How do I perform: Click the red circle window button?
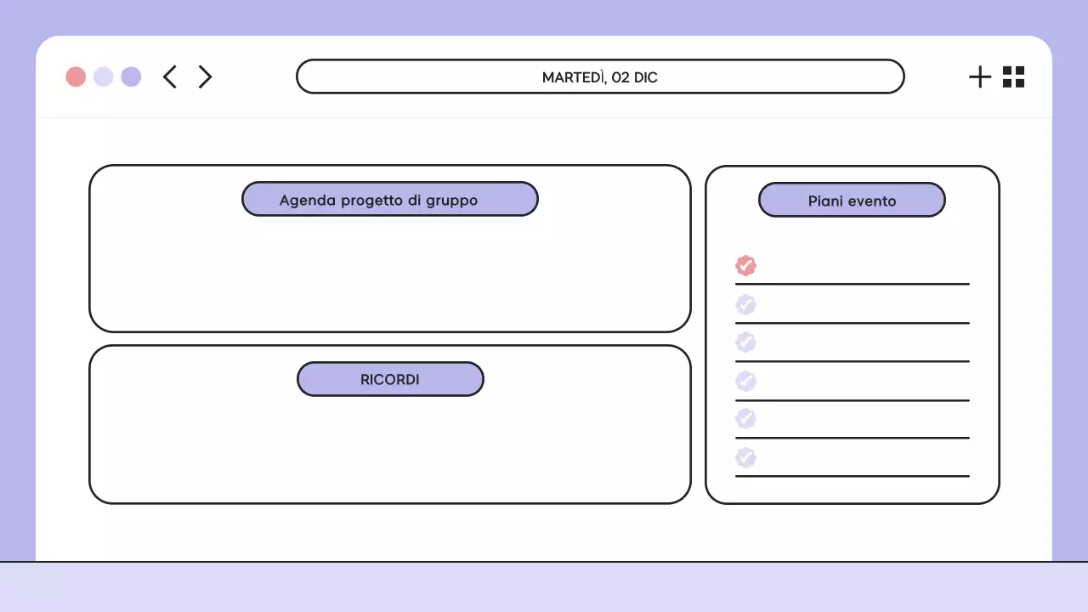(76, 76)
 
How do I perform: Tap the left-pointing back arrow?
(170, 76)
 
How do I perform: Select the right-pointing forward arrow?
(205, 76)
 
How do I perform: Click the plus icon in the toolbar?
(980, 76)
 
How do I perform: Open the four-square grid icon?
(1013, 76)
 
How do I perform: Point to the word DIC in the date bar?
(645, 77)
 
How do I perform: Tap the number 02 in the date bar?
(620, 77)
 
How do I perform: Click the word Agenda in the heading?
(307, 201)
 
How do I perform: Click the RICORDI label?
(390, 380)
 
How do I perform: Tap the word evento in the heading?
(871, 201)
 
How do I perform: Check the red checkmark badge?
(745, 265)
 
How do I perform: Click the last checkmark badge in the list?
(745, 457)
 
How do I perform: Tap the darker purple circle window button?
(131, 76)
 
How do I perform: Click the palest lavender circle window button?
(103, 76)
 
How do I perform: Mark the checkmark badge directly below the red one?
(745, 304)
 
